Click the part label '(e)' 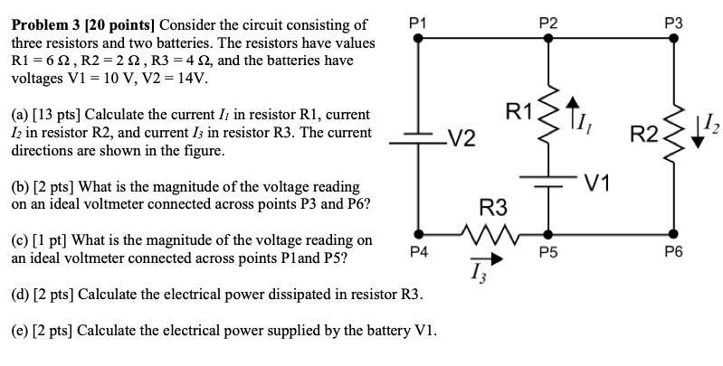pyautogui.click(x=21, y=329)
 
